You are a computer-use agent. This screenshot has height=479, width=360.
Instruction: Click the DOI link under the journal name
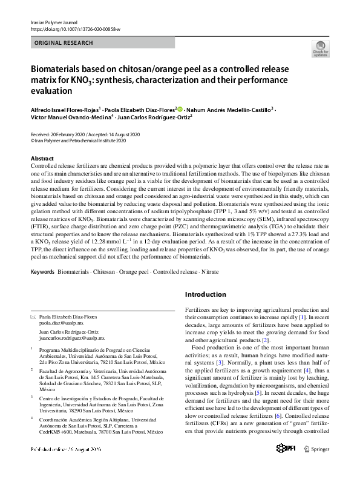click(x=75, y=29)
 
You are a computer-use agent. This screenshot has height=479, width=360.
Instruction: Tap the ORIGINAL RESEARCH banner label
click(x=64, y=43)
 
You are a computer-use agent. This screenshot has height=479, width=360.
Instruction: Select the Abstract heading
click(x=42, y=158)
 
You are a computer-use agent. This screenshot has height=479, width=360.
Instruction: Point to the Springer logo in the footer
click(x=316, y=465)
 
